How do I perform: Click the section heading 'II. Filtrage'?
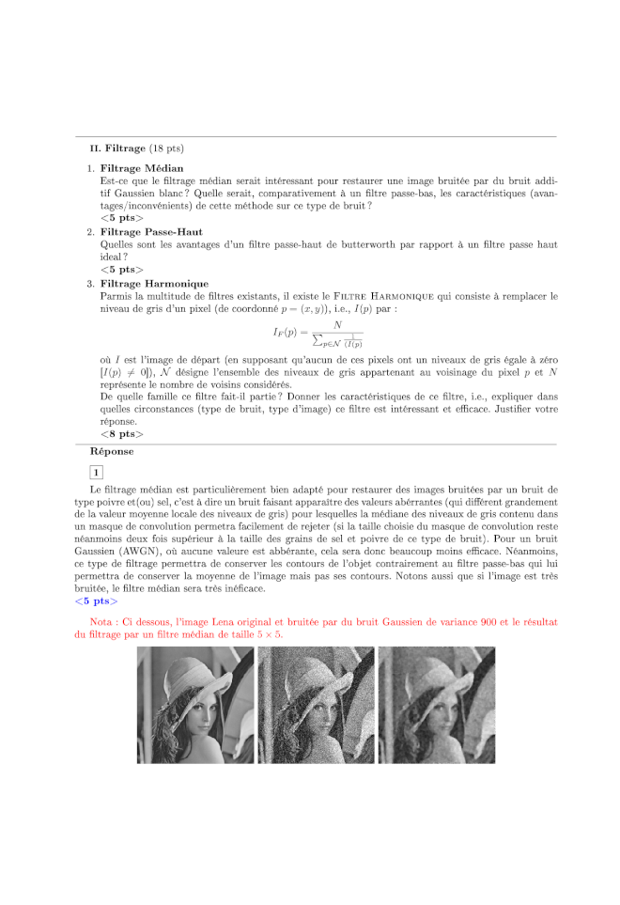click(117, 148)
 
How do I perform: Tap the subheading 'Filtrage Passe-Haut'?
click(151, 231)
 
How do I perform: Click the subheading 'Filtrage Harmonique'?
click(154, 283)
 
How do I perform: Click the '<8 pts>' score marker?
click(122, 434)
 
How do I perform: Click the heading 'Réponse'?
click(111, 452)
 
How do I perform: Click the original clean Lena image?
click(194, 706)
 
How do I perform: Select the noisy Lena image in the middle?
click(316, 706)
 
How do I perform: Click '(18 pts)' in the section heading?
click(166, 148)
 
